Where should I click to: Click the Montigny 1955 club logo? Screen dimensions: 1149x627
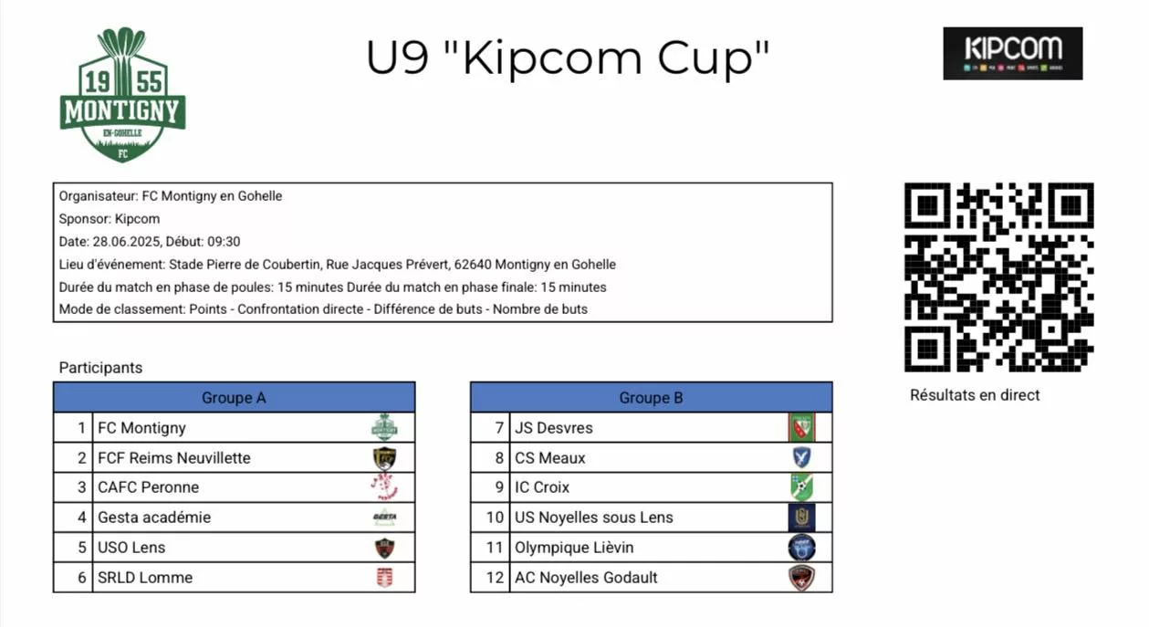pos(122,95)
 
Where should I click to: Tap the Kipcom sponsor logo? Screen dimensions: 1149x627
pos(1012,53)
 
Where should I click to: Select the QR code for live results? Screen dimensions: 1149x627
pos(998,277)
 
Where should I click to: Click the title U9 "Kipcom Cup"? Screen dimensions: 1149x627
pos(568,57)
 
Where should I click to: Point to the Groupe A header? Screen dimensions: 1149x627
pos(234,397)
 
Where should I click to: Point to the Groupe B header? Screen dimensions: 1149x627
pos(651,397)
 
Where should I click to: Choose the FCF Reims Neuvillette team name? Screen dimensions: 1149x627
pos(174,457)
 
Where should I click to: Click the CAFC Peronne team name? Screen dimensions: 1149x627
pos(148,487)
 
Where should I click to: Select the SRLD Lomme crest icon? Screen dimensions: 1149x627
pos(385,577)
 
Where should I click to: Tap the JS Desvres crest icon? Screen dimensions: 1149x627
pos(801,427)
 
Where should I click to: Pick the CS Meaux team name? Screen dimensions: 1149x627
pos(550,457)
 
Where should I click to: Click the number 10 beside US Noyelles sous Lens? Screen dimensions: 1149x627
pos(495,517)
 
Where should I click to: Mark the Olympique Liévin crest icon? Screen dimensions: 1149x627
pos(801,547)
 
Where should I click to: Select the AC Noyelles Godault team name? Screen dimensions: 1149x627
pos(586,577)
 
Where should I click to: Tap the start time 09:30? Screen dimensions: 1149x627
pos(224,242)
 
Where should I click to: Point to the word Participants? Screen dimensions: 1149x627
pos(100,368)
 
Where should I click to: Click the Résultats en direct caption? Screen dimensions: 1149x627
pos(975,395)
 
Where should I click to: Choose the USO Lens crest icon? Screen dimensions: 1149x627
pos(385,548)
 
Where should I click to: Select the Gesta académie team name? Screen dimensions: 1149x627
pos(154,517)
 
